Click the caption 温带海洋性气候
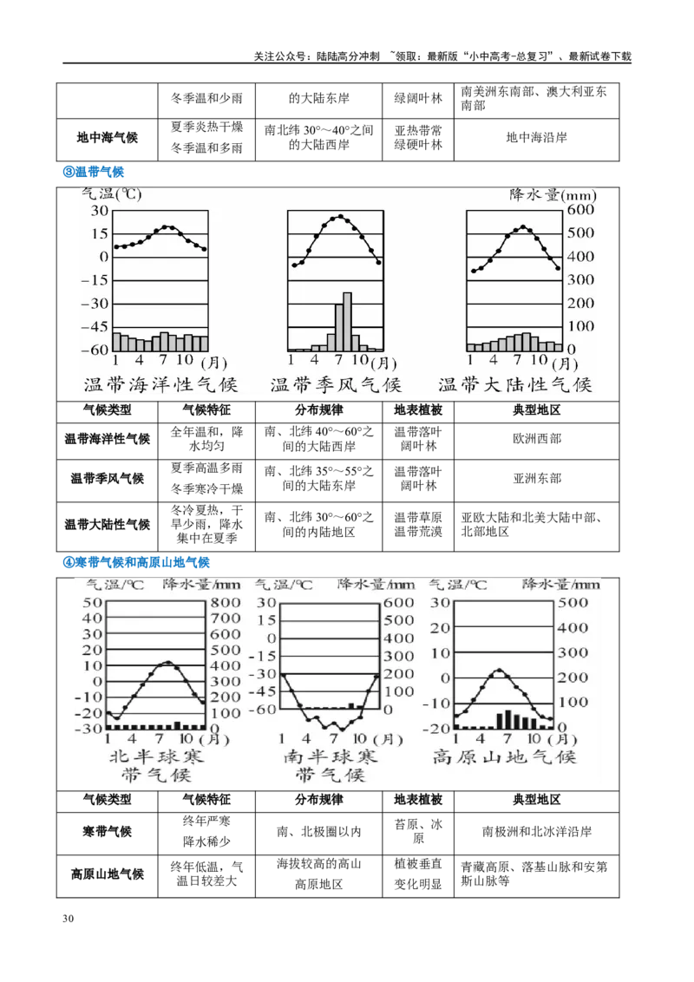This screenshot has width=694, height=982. [x=160, y=384]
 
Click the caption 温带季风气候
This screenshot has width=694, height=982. [x=337, y=384]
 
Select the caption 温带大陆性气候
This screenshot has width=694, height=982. [x=515, y=384]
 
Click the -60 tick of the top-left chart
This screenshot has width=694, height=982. [x=94, y=350]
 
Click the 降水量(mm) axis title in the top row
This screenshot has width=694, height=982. [x=553, y=194]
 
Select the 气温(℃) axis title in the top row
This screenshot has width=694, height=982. [x=110, y=194]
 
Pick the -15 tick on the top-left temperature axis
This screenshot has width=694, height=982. [x=94, y=281]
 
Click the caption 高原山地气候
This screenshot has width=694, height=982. [x=504, y=757]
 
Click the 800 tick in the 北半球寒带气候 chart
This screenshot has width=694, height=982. [x=226, y=603]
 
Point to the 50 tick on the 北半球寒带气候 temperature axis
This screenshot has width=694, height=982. [x=92, y=603]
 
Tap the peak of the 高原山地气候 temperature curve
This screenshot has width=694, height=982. [x=498, y=670]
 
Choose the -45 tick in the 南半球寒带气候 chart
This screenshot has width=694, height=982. [x=265, y=691]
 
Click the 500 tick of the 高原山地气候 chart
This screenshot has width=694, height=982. [x=578, y=603]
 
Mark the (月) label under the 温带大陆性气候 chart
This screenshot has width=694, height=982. [x=564, y=363]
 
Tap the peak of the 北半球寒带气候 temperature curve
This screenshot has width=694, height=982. [x=168, y=662]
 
